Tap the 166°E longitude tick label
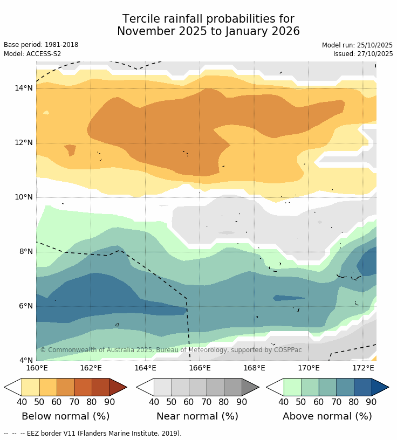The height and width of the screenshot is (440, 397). click(200, 368)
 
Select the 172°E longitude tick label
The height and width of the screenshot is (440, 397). click(363, 368)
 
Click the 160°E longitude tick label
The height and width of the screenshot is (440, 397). click(36, 368)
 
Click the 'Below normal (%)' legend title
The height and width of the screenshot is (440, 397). click(65, 416)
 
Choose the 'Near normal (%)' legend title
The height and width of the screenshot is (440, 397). click(197, 416)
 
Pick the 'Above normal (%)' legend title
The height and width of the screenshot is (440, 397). click(327, 416)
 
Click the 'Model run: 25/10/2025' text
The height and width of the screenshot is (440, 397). click(357, 45)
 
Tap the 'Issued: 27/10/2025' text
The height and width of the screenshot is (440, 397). click(363, 54)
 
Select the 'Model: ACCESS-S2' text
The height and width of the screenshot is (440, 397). click(32, 54)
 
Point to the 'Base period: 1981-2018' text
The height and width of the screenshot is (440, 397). click(41, 45)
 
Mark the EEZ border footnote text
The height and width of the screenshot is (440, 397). click(92, 433)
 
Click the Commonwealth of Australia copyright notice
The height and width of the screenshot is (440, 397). click(171, 350)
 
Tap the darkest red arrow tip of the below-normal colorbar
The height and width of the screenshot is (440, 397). click(118, 387)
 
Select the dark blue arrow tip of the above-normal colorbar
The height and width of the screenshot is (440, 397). click(380, 387)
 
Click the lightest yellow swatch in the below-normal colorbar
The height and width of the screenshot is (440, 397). click(30, 387)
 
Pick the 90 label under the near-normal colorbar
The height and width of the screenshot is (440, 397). click(242, 402)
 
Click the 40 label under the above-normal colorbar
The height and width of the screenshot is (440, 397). click(284, 402)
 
